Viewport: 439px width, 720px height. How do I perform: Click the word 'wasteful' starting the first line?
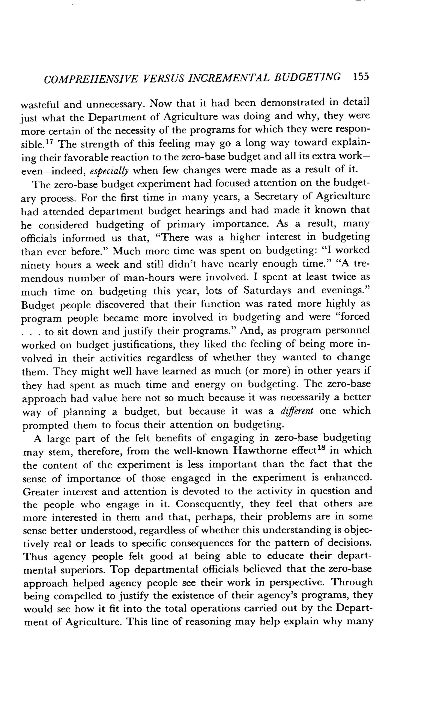click(39, 105)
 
